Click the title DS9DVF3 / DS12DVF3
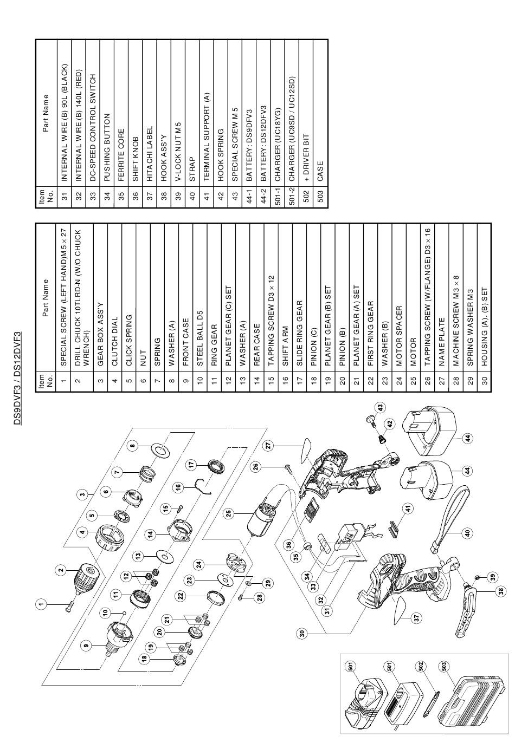pyautogui.click(x=17, y=378)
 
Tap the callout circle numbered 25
pyautogui.click(x=229, y=514)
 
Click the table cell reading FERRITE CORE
pyautogui.click(x=121, y=155)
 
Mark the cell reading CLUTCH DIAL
pyautogui.click(x=115, y=341)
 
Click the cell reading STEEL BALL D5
pyautogui.click(x=200, y=338)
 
